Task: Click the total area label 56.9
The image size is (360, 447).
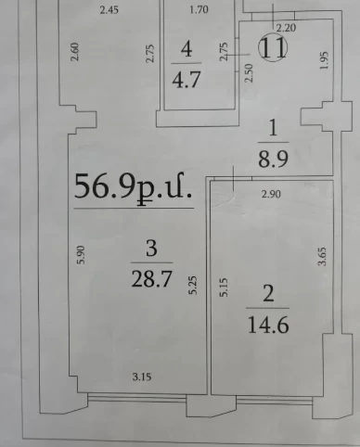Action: coord(105,186)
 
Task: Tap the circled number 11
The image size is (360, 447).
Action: coord(273,47)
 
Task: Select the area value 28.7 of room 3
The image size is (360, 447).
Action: coord(151,279)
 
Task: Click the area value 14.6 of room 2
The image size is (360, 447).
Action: coord(268,325)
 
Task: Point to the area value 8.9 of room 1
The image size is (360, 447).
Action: coord(273,158)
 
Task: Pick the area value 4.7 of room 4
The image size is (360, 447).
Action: coord(186,79)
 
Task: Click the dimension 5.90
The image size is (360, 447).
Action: coord(81,255)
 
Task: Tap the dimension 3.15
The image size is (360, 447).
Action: coord(142,377)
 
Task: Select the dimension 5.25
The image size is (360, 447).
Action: coord(192,285)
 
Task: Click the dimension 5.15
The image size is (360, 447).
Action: coord(224,287)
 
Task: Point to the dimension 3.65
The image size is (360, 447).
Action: coord(322,256)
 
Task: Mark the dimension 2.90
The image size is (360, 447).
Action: coord(271,194)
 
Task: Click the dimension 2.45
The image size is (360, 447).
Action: coord(109,10)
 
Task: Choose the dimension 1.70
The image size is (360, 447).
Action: coord(199,9)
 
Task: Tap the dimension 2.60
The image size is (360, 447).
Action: coord(75,52)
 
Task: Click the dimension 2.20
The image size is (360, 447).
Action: coord(286,28)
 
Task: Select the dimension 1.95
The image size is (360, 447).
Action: coord(324,60)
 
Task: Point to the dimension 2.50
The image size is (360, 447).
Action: coord(249,73)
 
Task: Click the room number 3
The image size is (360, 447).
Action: coord(151,249)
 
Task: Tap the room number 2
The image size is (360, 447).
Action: coord(268,294)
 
